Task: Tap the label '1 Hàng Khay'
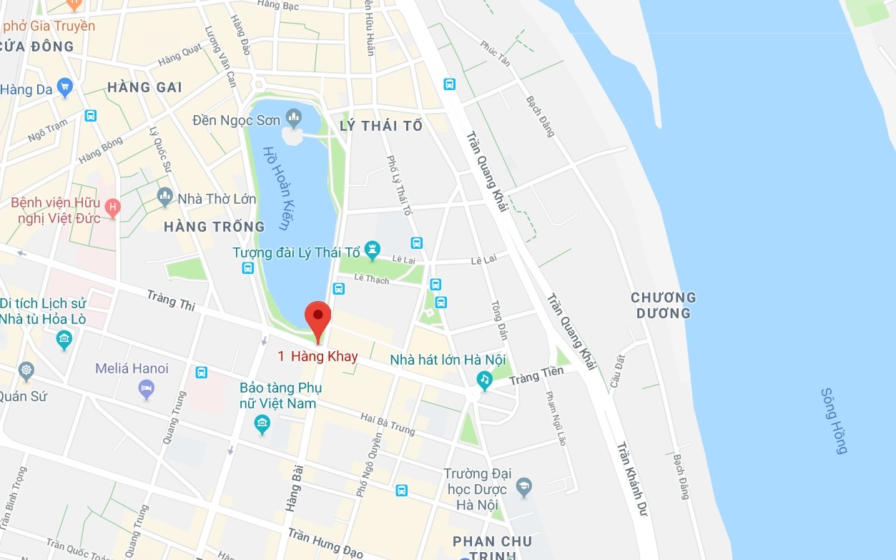[317, 356]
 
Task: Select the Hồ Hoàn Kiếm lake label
[275, 188]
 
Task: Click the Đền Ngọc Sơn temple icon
[293, 117]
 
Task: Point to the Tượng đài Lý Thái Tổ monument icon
[372, 251]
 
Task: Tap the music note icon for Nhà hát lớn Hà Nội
[485, 380]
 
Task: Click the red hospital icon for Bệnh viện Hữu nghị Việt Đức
[112, 208]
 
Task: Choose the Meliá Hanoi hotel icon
[147, 389]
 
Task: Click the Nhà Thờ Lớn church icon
[165, 195]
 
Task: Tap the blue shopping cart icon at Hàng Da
[65, 88]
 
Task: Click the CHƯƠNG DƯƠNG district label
[664, 305]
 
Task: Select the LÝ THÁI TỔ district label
[381, 127]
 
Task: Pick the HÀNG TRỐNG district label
[214, 227]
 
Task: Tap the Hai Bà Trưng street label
[388, 423]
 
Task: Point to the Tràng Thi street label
[171, 300]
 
